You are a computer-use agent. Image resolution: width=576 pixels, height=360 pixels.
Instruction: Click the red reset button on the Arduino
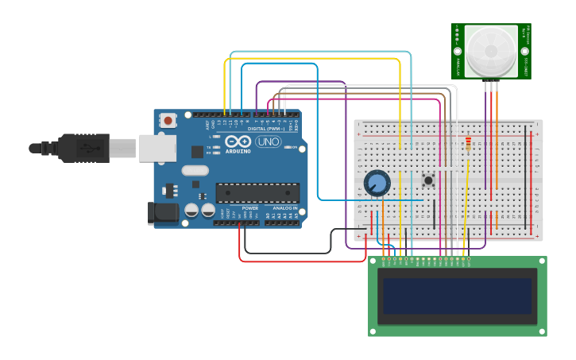click(168, 120)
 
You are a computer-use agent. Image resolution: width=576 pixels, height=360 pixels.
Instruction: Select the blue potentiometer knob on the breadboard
click(377, 184)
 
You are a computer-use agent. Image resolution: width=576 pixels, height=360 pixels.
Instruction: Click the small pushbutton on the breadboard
click(428, 180)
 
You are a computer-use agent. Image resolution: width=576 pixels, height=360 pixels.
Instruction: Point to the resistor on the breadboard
click(468, 144)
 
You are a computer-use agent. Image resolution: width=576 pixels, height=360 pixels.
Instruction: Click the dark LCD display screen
click(457, 296)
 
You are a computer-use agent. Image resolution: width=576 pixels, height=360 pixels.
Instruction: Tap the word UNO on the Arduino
click(268, 141)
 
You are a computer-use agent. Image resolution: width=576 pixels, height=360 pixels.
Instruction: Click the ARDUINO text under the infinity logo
click(238, 150)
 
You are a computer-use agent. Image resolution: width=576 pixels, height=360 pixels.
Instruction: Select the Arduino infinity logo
click(238, 141)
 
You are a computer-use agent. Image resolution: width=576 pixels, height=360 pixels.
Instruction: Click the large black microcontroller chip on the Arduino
click(257, 192)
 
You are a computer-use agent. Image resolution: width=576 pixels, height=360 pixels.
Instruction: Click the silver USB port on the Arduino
click(157, 148)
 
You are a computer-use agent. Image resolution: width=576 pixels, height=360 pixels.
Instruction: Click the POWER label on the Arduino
click(249, 208)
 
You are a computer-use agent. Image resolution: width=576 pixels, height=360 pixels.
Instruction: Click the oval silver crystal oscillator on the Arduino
click(195, 170)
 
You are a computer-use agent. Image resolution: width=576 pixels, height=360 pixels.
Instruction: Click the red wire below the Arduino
click(302, 261)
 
